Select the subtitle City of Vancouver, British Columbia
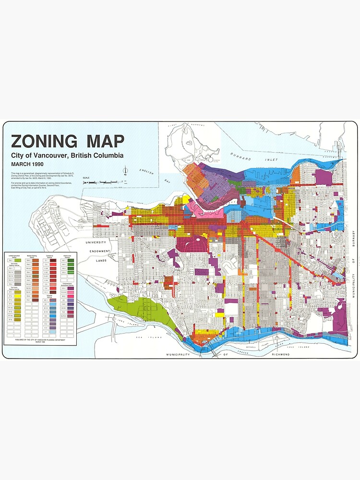coord(67,156)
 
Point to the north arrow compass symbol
coord(125,170)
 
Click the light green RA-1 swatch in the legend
coord(17,260)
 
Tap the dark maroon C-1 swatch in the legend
coord(53,260)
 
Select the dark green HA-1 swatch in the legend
coord(71,260)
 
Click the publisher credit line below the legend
coord(40,339)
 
